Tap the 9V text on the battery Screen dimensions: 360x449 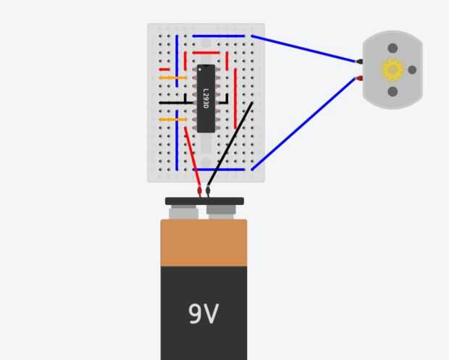(203, 314)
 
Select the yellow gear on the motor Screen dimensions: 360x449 (393, 70)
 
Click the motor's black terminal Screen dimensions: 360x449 (359, 62)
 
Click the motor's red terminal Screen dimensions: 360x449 (359, 78)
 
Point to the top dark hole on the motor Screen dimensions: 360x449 (393, 48)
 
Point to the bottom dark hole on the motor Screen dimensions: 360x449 (393, 91)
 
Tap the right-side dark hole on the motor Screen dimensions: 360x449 (412, 70)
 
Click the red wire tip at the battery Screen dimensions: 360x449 (199, 192)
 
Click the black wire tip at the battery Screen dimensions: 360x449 (208, 191)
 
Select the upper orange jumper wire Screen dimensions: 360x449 (172, 77)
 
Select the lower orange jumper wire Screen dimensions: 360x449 (172, 120)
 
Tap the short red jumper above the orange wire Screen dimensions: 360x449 (164, 70)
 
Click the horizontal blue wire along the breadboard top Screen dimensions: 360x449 (218, 35)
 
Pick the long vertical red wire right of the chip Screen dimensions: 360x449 (233, 94)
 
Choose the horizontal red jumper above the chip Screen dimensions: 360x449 (206, 53)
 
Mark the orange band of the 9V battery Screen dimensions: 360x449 (203, 243)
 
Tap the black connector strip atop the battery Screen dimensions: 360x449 (204, 201)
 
